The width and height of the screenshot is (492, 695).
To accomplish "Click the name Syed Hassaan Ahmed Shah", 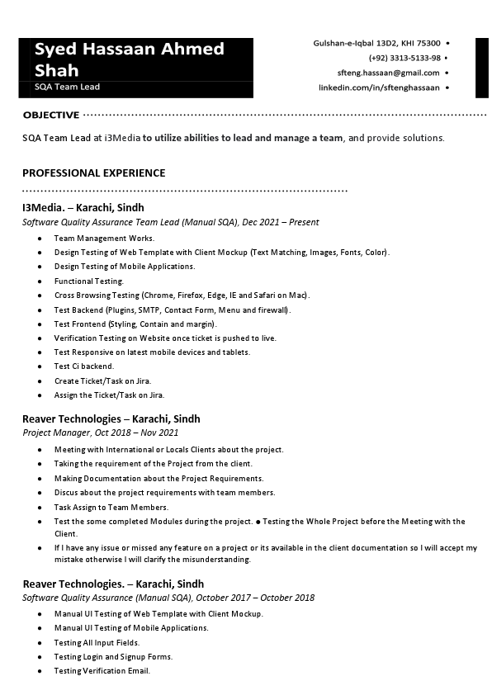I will [129, 59].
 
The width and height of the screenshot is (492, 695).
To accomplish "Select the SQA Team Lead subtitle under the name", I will [67, 87].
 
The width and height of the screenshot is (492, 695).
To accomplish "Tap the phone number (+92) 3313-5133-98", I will [404, 58].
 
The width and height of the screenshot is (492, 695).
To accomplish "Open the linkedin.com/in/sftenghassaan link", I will [379, 87].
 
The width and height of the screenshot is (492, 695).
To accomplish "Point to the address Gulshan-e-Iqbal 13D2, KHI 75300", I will [376, 43].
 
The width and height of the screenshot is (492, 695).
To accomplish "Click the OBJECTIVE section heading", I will [51, 115].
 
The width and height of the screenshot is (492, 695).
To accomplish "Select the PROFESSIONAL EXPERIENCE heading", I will [94, 173].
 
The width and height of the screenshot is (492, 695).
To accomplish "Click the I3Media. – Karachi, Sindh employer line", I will [83, 208].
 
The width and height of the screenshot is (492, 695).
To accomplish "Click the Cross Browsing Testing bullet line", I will [181, 295].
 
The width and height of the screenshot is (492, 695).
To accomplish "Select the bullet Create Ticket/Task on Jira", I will [102, 381].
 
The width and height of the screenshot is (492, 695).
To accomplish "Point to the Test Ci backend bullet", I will [84, 366].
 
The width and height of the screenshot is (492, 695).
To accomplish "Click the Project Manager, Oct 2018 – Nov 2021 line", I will [100, 433].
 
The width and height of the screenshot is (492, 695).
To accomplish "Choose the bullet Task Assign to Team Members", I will [111, 507].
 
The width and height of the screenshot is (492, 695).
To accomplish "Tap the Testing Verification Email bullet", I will [102, 671].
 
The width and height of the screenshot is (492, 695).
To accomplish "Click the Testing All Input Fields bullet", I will [97, 642].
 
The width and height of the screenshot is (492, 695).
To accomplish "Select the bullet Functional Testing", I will [88, 281].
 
